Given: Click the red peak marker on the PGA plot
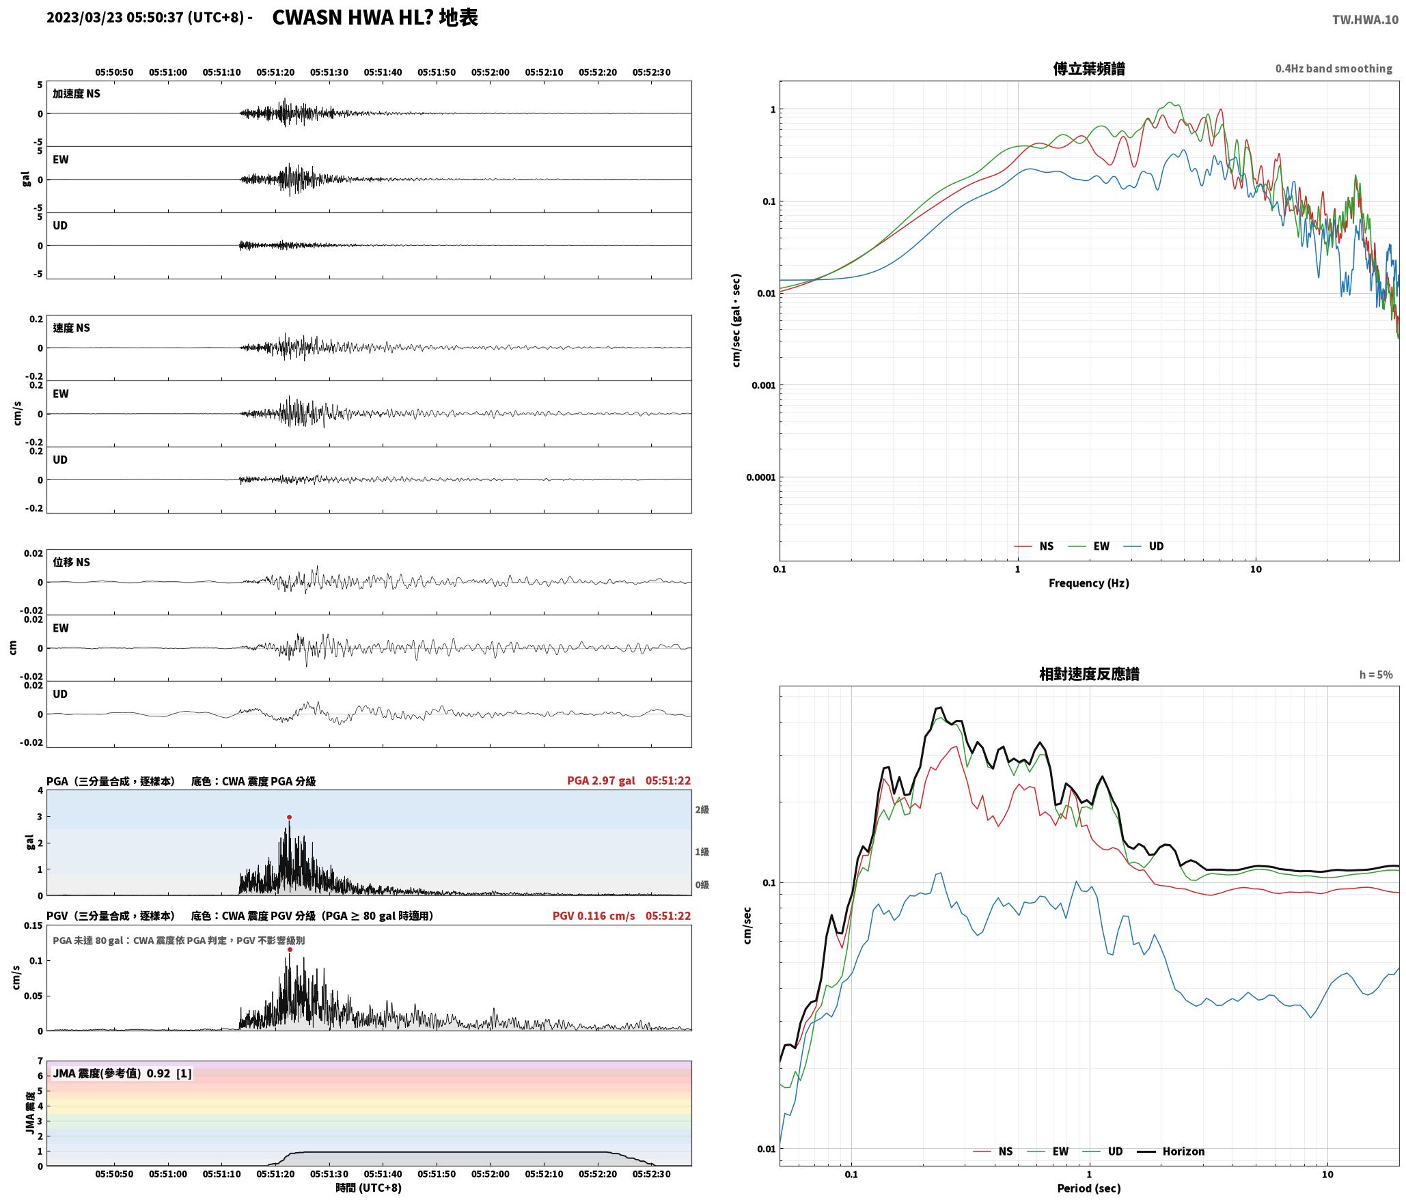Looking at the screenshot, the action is [x=289, y=817].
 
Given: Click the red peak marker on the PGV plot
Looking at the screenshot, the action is [x=290, y=949].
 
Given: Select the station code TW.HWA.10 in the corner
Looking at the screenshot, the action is [x=1365, y=20].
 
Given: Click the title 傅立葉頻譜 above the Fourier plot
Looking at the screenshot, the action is [x=1089, y=68].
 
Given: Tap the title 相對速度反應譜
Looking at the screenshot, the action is [x=1089, y=674].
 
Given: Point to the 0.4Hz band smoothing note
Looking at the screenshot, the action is [x=1334, y=68].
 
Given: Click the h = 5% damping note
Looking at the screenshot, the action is [x=1376, y=675].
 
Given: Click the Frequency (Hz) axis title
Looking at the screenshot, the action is [x=1089, y=583].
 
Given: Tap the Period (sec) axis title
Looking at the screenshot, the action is [x=1089, y=1189].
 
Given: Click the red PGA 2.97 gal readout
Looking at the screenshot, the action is [x=601, y=781].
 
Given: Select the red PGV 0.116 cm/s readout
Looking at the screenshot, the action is [x=594, y=916].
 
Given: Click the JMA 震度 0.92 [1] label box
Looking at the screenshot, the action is [x=122, y=1074].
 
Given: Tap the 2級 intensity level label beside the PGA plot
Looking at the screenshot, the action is [x=702, y=810].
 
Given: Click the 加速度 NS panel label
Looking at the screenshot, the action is [x=77, y=94].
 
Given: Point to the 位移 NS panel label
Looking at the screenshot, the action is [x=72, y=562].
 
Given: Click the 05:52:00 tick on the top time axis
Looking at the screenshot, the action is [x=491, y=72].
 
